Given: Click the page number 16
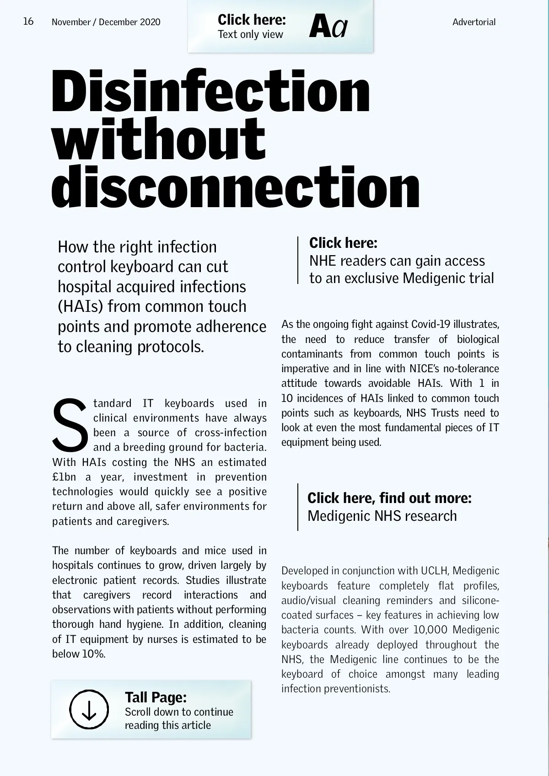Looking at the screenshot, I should [28, 21].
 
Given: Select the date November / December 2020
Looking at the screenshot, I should [106, 22].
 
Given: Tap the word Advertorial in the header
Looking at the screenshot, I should [474, 22].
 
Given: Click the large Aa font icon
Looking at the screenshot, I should [328, 27].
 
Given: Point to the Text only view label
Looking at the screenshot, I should [250, 34].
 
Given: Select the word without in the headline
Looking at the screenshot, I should [158, 139].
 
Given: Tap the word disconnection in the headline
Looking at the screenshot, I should [236, 187].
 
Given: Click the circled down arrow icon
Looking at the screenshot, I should [89, 709].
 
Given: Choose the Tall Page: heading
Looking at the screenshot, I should [156, 697].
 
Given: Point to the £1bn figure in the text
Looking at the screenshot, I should [64, 477].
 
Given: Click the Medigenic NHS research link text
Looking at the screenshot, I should [382, 516].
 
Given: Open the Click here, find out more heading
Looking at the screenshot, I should [389, 498].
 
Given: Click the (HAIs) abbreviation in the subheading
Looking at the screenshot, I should [80, 306].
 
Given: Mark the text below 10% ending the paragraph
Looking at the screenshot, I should [79, 654].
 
